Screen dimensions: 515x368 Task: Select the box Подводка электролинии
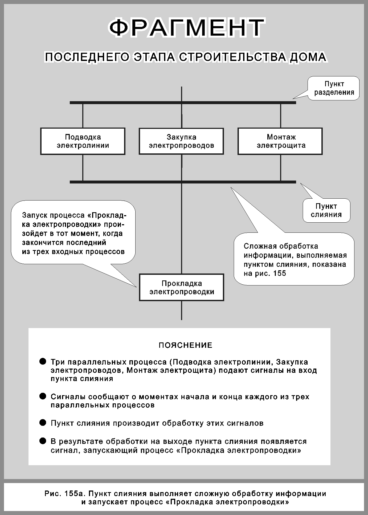tap(83, 141)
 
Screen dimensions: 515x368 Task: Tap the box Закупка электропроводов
tap(181, 141)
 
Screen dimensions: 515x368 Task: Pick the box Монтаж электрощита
tap(280, 141)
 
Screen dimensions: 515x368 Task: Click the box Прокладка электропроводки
tap(182, 287)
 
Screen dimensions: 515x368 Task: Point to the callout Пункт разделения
tap(334, 88)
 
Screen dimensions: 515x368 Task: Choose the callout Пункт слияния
tap(326, 210)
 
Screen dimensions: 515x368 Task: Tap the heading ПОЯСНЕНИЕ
tap(185, 345)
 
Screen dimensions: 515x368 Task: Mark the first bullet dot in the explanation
tap(43, 361)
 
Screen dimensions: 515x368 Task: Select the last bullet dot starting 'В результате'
tap(43, 441)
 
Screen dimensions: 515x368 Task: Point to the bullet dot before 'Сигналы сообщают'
tap(43, 396)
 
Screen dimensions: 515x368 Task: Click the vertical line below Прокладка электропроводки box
tap(182, 310)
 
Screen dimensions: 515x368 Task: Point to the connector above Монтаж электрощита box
tap(280, 115)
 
